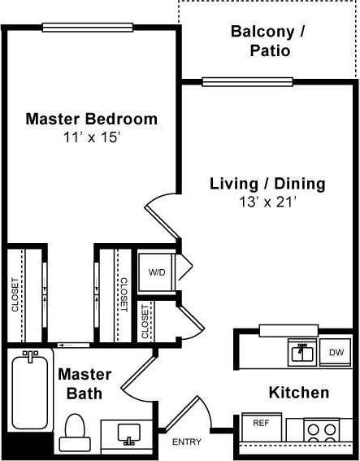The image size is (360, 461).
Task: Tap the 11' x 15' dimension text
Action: point(91,137)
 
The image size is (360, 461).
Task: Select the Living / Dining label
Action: point(267,183)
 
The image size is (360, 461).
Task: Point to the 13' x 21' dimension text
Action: point(267,202)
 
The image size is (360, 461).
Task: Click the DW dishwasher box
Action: point(336,352)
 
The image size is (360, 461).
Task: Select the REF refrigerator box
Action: point(261,424)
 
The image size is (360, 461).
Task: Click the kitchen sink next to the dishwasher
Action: point(302,352)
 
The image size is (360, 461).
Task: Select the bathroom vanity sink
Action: point(128,434)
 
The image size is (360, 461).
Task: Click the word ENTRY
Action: point(187,442)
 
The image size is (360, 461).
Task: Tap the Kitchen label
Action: point(298,393)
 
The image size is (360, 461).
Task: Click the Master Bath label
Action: point(80,385)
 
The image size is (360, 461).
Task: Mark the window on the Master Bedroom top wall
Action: point(87,27)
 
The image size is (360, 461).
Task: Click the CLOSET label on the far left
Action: point(15,295)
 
